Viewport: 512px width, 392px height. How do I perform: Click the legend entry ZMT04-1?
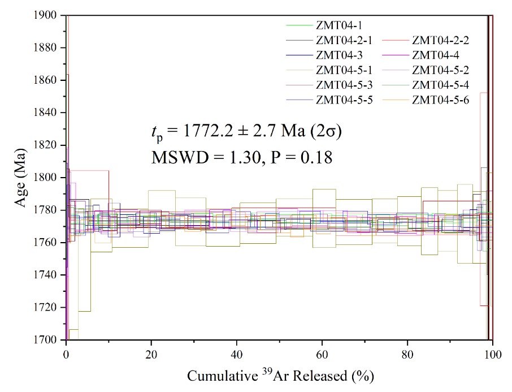point(340,25)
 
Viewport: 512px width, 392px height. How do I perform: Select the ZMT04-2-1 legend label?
point(344,40)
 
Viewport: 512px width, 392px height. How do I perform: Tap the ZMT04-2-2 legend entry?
point(441,40)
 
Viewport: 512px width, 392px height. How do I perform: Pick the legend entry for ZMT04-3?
point(340,55)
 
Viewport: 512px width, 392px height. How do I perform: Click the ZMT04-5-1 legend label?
point(344,70)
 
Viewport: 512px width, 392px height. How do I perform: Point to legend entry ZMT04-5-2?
point(441,70)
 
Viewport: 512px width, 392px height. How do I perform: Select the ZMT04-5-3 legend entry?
point(344,85)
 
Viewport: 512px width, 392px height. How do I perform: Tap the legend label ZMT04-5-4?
point(441,85)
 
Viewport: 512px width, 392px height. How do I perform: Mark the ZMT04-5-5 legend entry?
point(344,100)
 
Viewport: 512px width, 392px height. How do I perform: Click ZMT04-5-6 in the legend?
point(441,100)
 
